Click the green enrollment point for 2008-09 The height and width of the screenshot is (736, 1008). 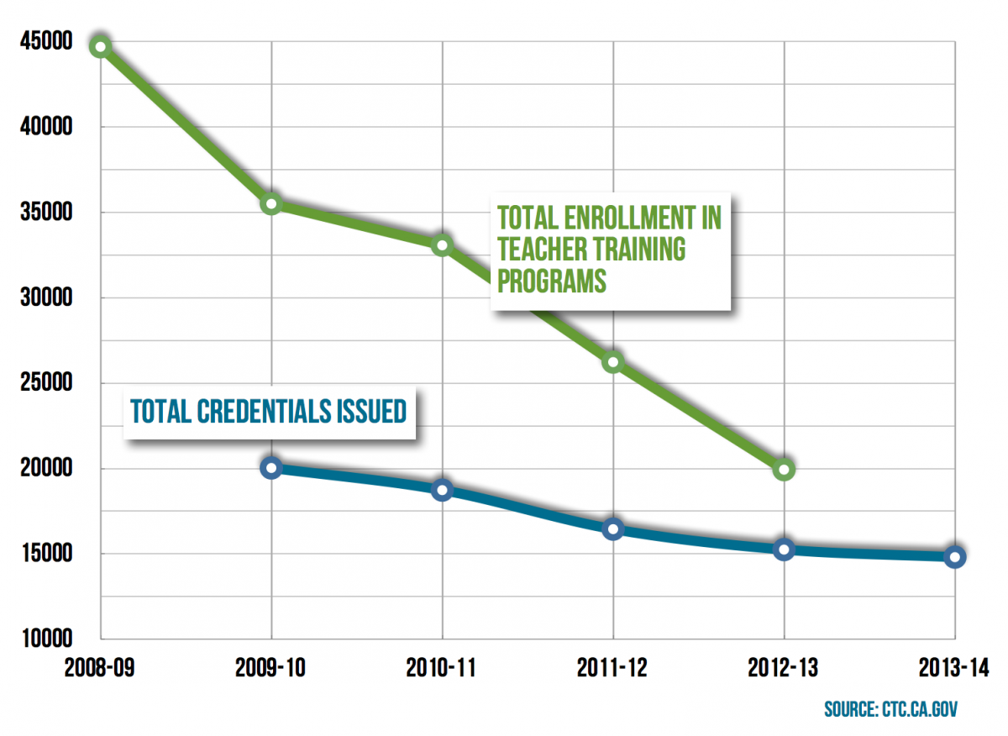point(100,46)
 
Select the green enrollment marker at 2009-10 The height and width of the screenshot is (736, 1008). point(271,204)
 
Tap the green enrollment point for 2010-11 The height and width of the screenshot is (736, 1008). point(443,245)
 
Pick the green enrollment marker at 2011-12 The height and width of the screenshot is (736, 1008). point(613,362)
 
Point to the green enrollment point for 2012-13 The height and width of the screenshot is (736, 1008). point(784,469)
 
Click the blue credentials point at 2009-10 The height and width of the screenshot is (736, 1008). point(271,468)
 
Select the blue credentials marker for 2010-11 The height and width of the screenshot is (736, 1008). point(443,490)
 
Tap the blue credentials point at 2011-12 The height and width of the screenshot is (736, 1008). point(613,528)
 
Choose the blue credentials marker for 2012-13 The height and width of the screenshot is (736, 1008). point(784,549)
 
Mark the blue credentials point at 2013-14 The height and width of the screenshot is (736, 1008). point(954,556)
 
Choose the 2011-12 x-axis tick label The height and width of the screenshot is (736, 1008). point(613,669)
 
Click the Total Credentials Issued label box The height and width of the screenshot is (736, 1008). point(268,411)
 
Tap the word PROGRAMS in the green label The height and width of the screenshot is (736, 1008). point(551,280)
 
